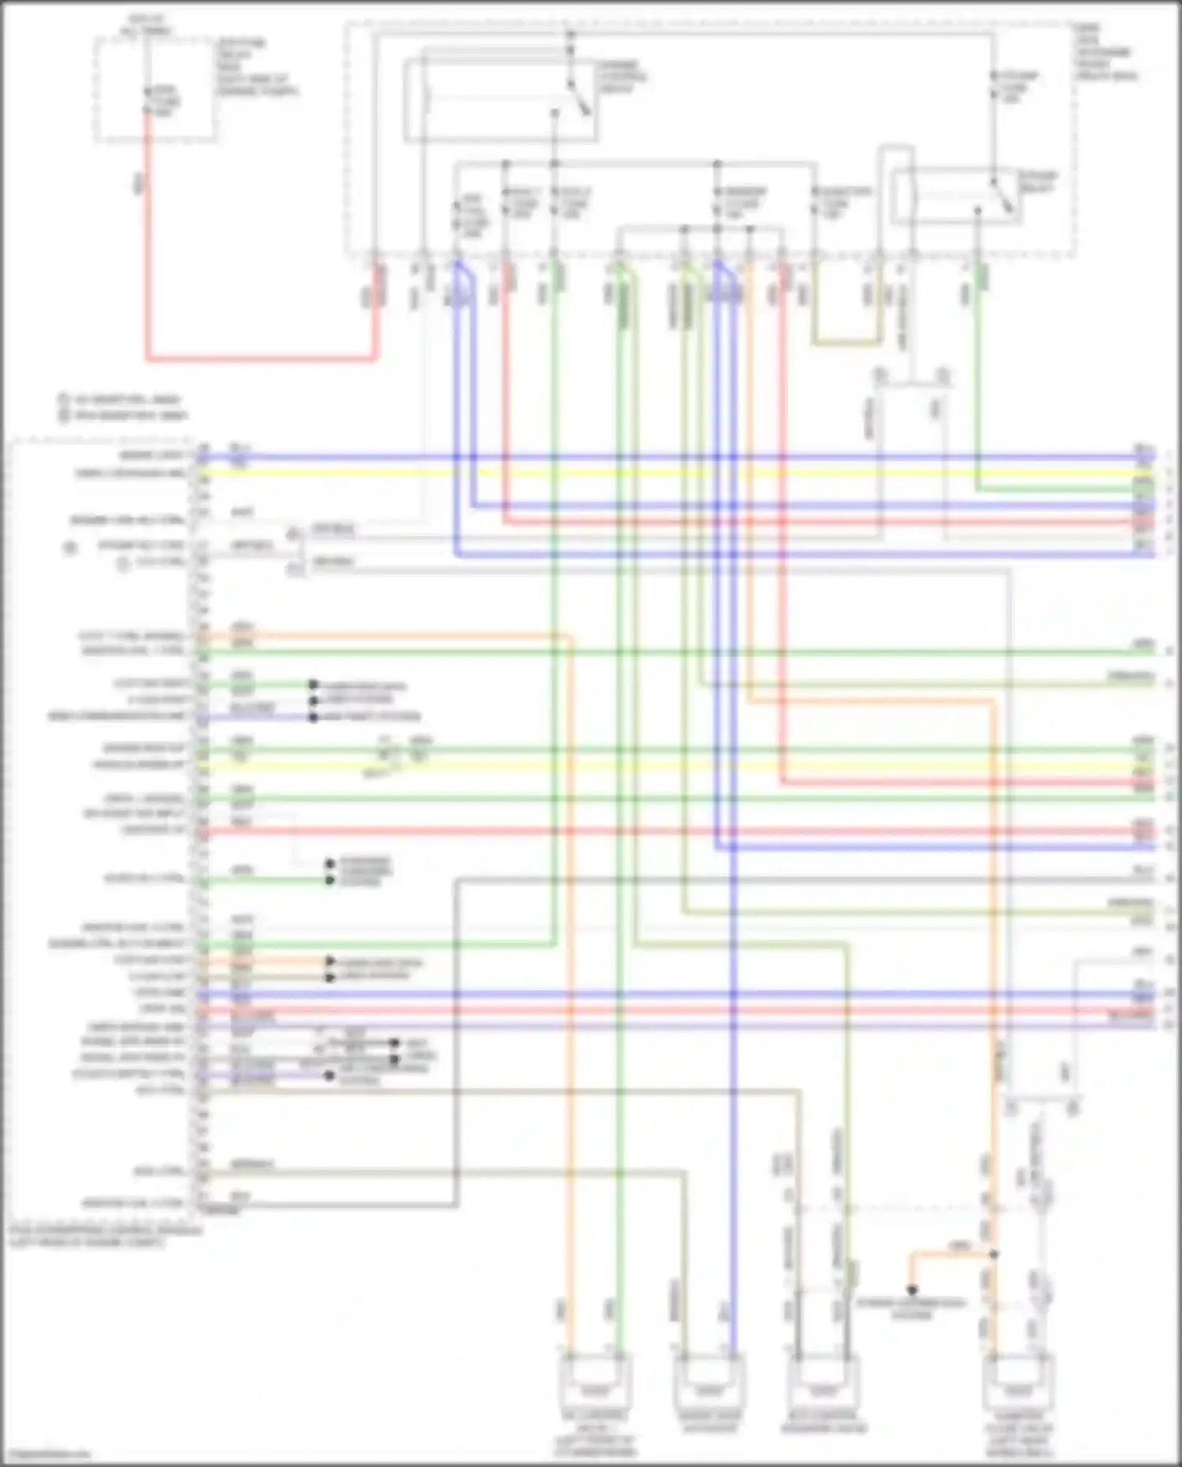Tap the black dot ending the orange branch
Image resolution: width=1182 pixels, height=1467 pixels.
(912, 1290)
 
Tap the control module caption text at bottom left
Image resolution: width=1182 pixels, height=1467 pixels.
(102, 1236)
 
